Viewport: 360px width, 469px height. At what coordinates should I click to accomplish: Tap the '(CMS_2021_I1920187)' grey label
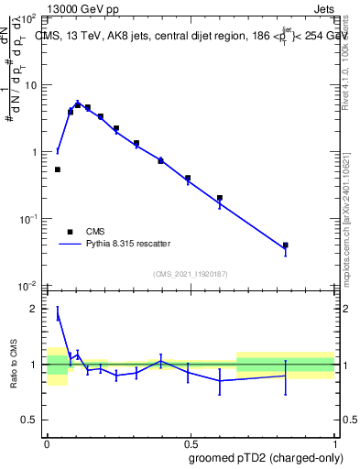point(191,274)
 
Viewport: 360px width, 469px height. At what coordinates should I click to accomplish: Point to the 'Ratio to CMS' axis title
point(15,364)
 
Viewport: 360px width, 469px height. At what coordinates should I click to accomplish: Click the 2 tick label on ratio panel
point(36,309)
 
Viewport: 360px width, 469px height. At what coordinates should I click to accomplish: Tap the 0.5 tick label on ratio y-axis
point(30,420)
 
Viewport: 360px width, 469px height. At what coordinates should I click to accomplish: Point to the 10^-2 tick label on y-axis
point(28,286)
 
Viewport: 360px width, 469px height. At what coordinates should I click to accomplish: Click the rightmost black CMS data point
point(286,245)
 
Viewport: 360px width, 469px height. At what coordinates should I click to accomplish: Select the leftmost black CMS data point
point(58,169)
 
